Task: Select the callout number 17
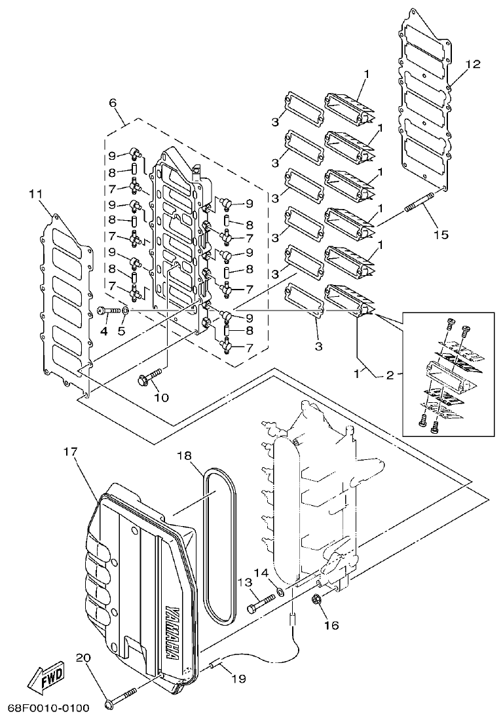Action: pos(71,453)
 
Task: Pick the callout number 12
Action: pos(473,64)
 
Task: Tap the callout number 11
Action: pos(35,194)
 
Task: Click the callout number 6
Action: pos(112,103)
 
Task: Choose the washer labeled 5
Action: pos(126,309)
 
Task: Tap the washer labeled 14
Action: pos(280,592)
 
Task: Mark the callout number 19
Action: pos(238,679)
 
